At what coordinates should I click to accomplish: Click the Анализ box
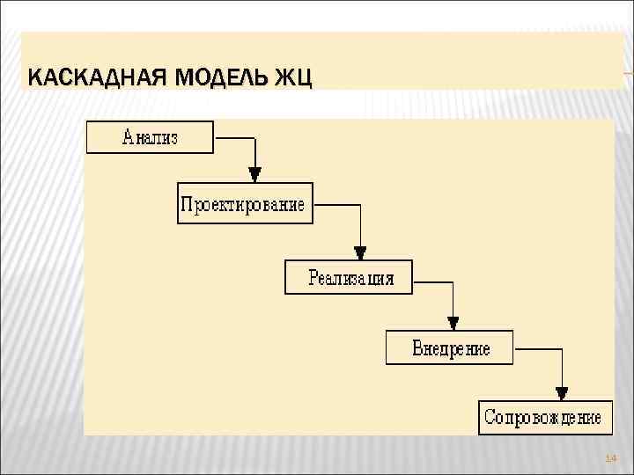150,137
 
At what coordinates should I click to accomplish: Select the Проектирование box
244,204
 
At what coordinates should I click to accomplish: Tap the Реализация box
350,277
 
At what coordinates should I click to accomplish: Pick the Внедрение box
450,347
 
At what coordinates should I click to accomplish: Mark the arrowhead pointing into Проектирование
254,173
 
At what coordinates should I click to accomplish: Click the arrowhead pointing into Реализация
360,250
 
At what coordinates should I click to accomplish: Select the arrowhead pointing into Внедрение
452,321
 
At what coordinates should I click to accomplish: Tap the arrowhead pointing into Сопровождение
562,392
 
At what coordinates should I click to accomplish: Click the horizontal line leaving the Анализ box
234,138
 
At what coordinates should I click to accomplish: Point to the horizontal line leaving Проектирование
336,205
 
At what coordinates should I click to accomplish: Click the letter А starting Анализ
129,137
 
